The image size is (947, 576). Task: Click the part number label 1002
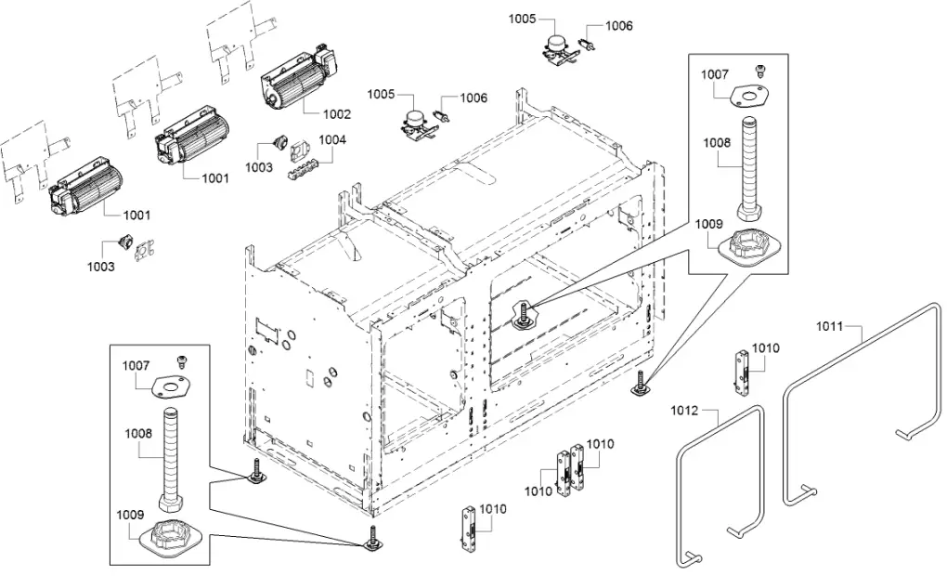pyautogui.click(x=336, y=115)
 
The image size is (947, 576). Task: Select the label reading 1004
pyautogui.click(x=332, y=140)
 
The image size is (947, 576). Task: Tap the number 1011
pyautogui.click(x=830, y=326)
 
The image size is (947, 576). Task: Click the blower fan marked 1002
pyautogui.click(x=294, y=81)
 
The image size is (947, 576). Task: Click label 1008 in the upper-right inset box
pyautogui.click(x=717, y=143)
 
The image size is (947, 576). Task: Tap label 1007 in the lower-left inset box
pyautogui.click(x=136, y=366)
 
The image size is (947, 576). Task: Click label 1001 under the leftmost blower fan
pyautogui.click(x=136, y=216)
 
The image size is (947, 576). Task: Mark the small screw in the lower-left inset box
pyautogui.click(x=182, y=360)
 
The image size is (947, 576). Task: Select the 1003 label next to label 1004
pyautogui.click(x=259, y=167)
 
